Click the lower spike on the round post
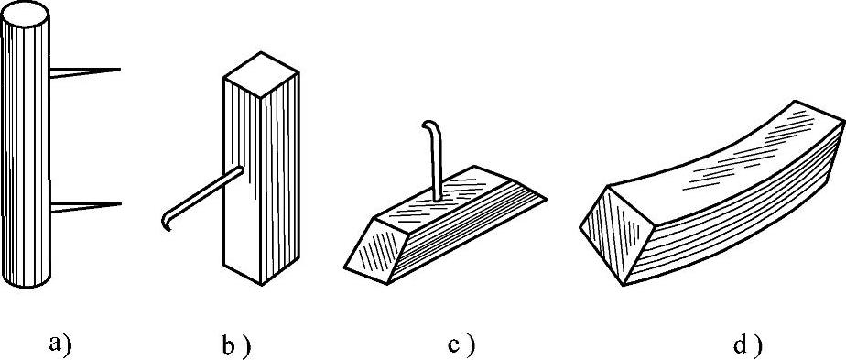pos(85,207)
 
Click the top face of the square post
pos(261,74)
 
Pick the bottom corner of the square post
pos(261,285)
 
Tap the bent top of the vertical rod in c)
pos(428,125)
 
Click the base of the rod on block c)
pos(438,200)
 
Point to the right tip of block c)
pos(546,199)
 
